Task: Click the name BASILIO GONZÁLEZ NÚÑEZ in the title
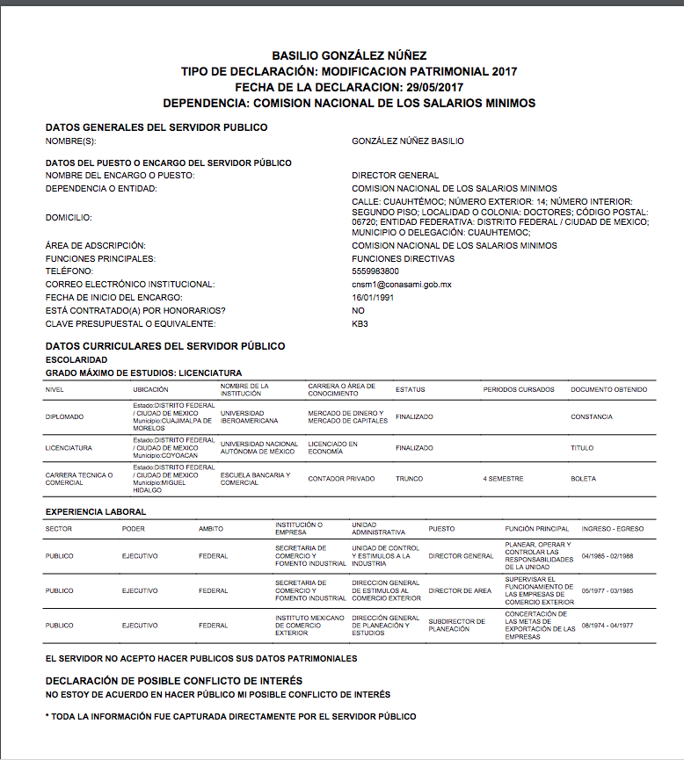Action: coord(349,55)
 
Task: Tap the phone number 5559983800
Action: coord(375,271)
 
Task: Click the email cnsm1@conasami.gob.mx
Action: coord(401,285)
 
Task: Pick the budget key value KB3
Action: coord(360,324)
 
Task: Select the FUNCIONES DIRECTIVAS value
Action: coord(403,258)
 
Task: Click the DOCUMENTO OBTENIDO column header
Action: coord(608,389)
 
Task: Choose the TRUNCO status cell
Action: coord(410,479)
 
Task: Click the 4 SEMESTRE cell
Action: coord(503,479)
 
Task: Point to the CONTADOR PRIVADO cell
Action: coord(341,479)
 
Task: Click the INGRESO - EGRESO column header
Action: coord(612,528)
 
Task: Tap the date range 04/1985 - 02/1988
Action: coord(612,556)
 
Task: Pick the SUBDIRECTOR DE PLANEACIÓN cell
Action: coord(456,626)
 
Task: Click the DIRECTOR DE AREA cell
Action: coord(460,590)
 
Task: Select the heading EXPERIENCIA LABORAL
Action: coord(96,511)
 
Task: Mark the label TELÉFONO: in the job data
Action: coord(69,271)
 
